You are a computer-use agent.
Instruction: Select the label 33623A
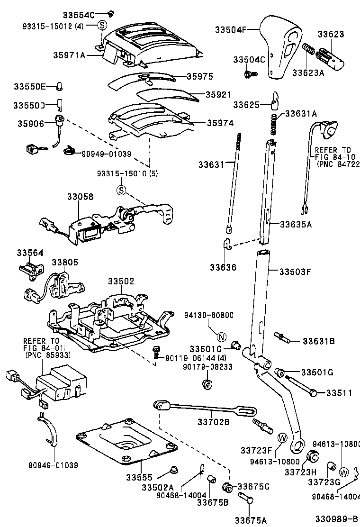[309, 73]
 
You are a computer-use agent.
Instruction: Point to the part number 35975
[199, 76]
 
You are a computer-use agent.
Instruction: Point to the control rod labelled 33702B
[199, 409]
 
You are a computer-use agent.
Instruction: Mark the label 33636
[223, 268]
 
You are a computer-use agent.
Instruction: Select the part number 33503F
[295, 272]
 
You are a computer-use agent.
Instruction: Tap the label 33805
[65, 262]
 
